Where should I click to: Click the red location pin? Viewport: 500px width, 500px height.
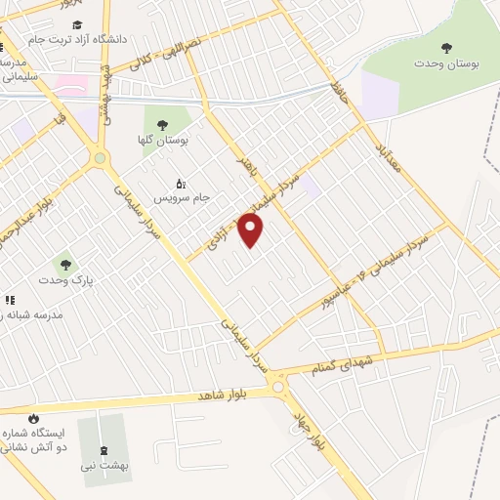coord(252,230)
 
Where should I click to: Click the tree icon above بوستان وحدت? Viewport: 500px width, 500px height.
coord(447,47)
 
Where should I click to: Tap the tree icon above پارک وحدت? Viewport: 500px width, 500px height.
coord(65,263)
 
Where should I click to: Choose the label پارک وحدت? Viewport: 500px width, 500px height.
coord(63,280)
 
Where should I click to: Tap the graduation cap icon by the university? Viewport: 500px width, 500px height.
coord(77,24)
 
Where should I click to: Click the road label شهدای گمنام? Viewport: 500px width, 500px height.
coord(342,366)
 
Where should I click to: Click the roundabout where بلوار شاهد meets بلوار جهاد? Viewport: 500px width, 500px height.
coord(281,388)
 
